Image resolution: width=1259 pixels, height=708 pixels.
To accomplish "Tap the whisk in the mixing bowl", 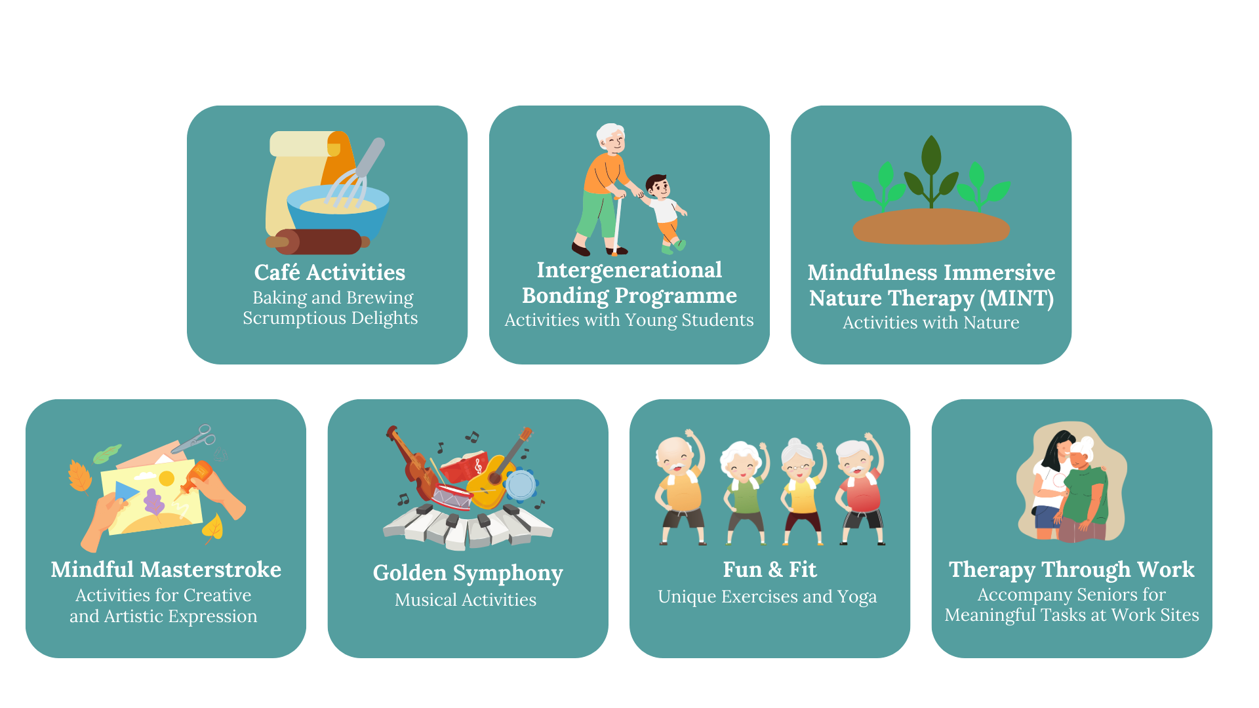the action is click(x=355, y=173).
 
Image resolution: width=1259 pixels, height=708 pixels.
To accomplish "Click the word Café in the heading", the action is click(x=277, y=272).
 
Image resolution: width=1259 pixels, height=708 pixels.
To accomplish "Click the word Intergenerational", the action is click(x=629, y=269).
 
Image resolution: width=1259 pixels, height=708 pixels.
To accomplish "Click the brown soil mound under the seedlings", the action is click(x=931, y=226).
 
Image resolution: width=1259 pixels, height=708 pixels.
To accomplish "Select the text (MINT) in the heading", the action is click(x=1017, y=298).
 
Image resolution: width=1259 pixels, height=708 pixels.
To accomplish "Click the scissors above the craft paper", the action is click(x=195, y=438).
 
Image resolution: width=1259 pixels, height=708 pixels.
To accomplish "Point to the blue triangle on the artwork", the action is click(x=127, y=492).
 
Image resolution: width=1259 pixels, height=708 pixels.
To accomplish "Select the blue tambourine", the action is click(x=521, y=486).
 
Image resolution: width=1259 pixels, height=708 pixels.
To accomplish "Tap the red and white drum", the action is click(x=451, y=496).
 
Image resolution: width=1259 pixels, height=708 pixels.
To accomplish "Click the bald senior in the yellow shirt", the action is click(x=679, y=488).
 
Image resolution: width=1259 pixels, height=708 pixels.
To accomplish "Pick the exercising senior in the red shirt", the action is click(x=860, y=489).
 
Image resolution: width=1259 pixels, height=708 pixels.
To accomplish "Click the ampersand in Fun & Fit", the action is click(x=775, y=569).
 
